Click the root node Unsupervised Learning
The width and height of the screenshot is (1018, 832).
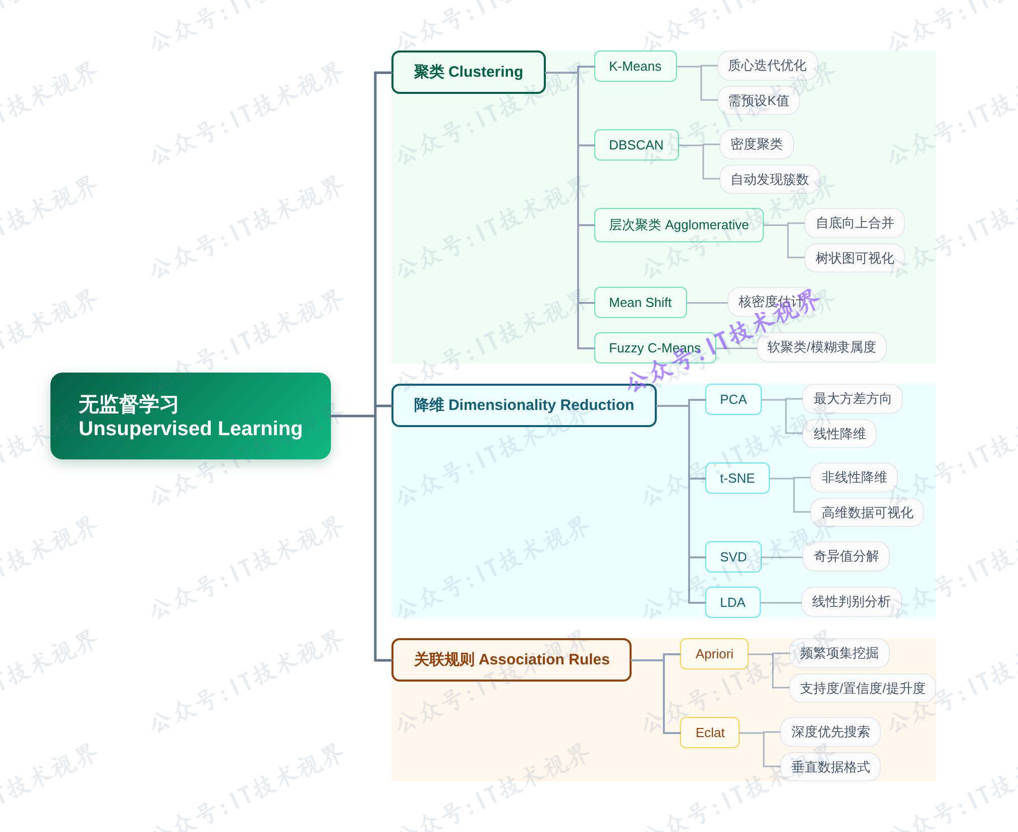click(x=190, y=416)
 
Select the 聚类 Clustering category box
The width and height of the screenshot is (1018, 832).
click(x=468, y=72)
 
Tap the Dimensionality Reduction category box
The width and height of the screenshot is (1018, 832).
click(x=524, y=405)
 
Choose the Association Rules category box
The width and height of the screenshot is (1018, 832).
click(x=511, y=659)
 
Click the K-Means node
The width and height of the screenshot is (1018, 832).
click(x=635, y=66)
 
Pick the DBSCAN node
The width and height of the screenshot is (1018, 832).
click(x=636, y=145)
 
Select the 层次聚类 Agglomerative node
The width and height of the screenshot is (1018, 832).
click(x=678, y=225)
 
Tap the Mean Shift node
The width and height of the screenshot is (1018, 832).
click(x=640, y=302)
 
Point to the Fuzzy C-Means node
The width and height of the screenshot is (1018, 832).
click(x=654, y=348)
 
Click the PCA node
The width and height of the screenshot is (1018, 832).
click(x=733, y=399)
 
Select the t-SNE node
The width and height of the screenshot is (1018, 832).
click(x=737, y=478)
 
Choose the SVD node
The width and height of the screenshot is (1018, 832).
click(x=733, y=557)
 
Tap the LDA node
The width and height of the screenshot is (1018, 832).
click(x=732, y=602)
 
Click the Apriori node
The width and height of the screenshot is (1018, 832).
click(x=714, y=654)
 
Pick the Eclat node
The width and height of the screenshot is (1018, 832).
click(x=710, y=733)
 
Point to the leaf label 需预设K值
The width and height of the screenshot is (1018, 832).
click(x=758, y=100)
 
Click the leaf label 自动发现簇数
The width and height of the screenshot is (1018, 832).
click(x=769, y=179)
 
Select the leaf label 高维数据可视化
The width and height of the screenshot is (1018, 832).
click(x=867, y=512)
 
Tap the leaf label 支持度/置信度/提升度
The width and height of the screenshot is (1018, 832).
click(x=862, y=688)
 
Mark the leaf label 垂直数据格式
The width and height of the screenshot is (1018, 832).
click(x=830, y=767)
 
